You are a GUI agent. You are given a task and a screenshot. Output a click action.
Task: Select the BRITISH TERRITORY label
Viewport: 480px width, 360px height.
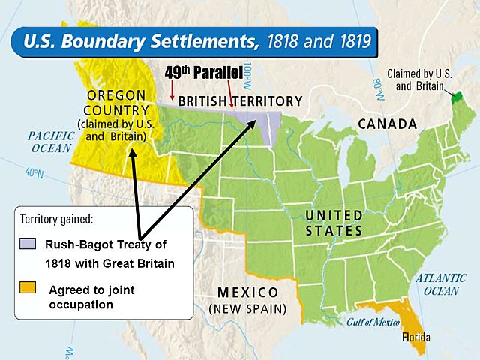point(240,101)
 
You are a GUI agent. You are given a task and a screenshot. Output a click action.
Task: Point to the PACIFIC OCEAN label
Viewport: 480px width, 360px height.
point(51,142)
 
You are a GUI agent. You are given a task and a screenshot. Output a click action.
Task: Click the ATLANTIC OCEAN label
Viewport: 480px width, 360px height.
point(440,284)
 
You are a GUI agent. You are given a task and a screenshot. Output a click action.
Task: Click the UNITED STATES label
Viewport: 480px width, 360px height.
point(334,223)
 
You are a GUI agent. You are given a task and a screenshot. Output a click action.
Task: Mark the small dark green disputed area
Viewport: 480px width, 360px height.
point(455,97)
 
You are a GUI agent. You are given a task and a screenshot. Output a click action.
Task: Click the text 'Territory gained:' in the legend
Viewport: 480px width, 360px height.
point(56,220)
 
